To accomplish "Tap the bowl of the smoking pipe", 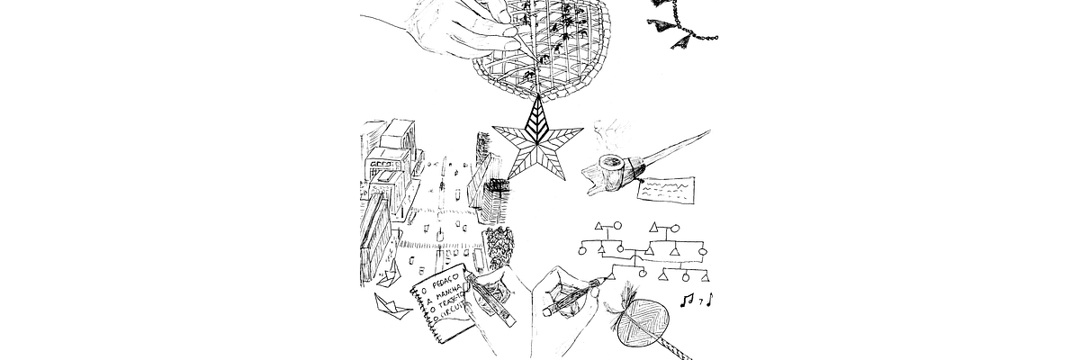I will (x=611, y=168).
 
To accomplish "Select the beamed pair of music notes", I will (x=688, y=299).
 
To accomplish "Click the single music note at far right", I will (x=709, y=298).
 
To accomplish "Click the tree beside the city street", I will (x=498, y=244).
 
